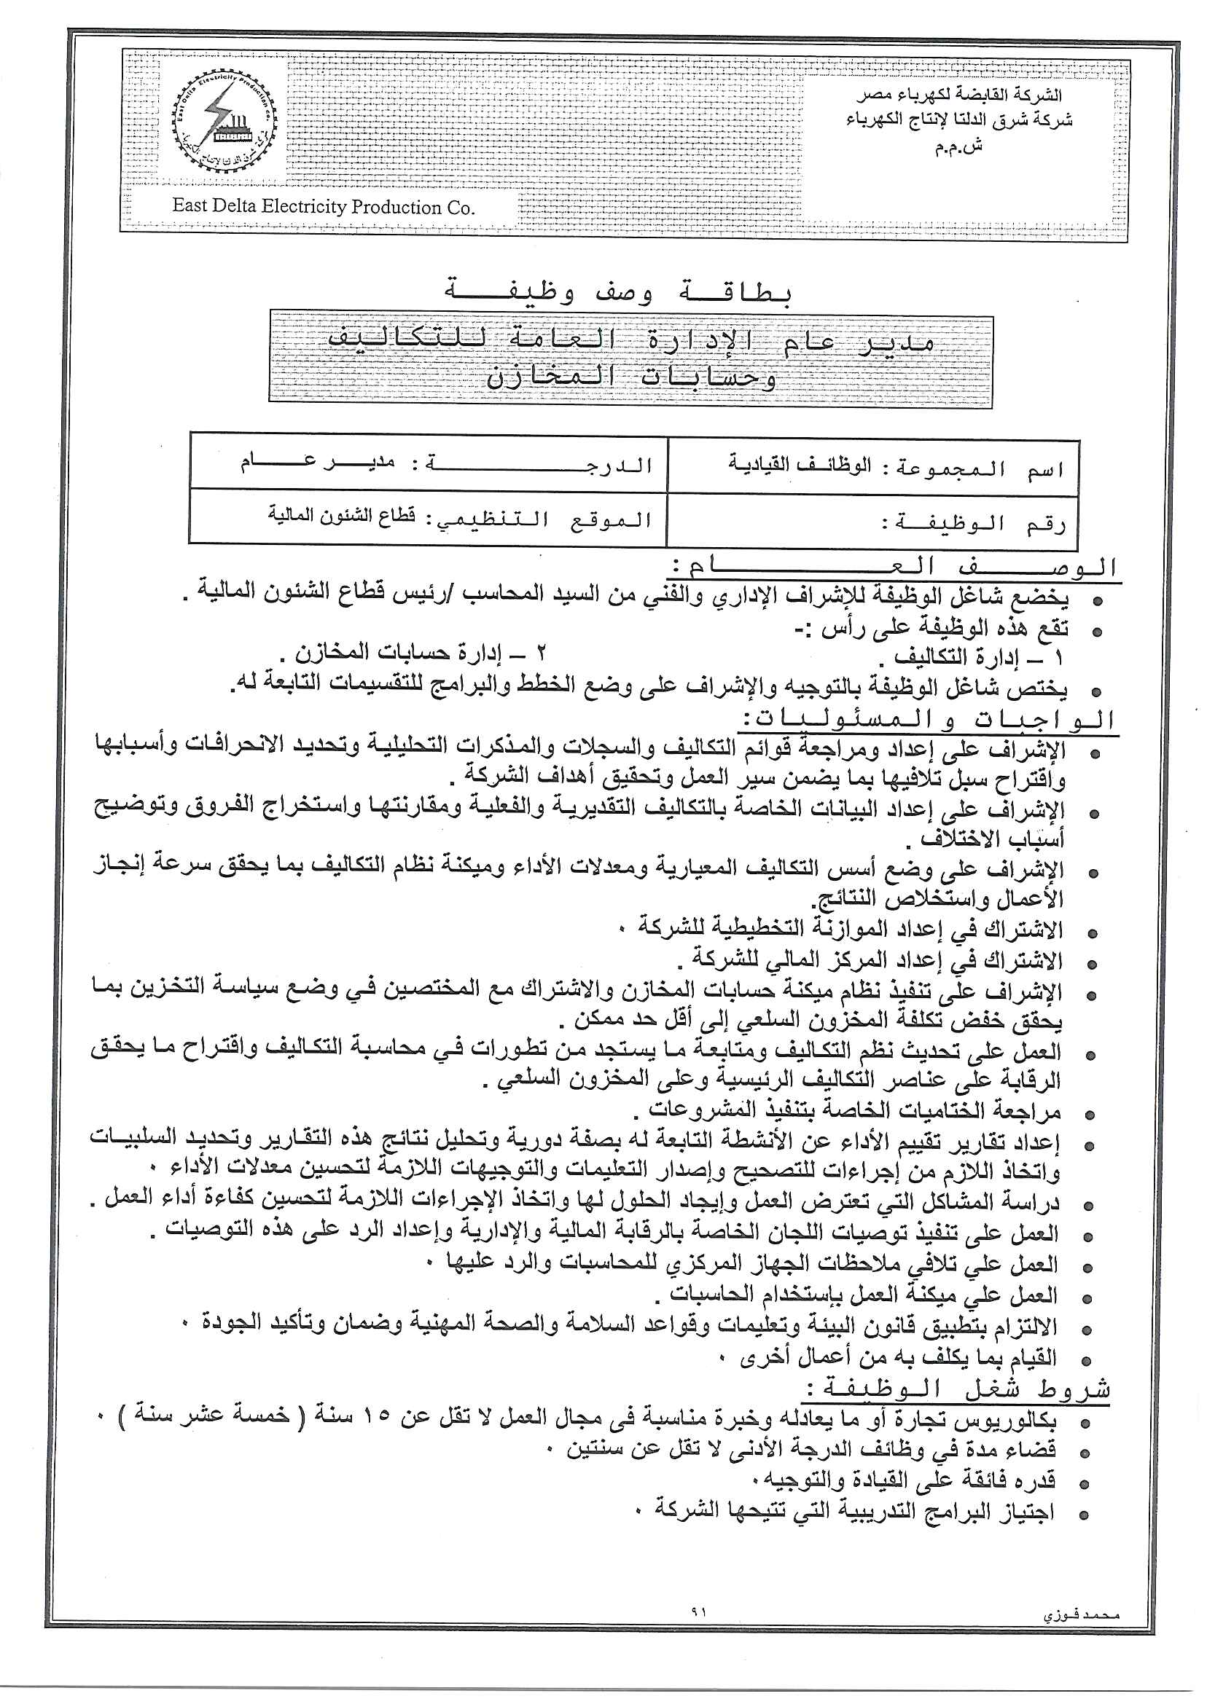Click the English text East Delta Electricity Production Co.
(x=324, y=207)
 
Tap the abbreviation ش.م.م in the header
(x=958, y=146)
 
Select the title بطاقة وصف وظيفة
(x=618, y=291)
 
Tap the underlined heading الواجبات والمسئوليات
(x=929, y=719)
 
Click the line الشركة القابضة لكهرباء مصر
(x=959, y=96)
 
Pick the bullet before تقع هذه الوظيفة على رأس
(x=1095, y=632)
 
